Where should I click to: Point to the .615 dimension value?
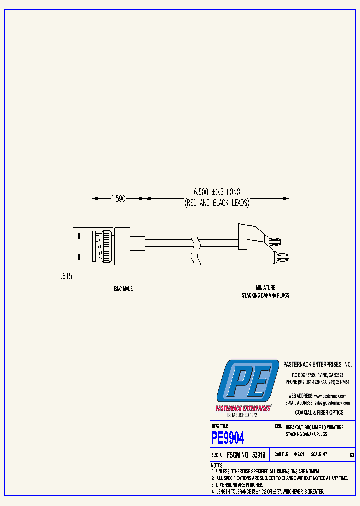pyautogui.click(x=66, y=275)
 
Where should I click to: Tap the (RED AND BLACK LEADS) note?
pyautogui.click(x=217, y=204)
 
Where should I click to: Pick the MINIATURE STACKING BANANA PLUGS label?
pyautogui.click(x=266, y=292)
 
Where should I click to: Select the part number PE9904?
pyautogui.click(x=228, y=438)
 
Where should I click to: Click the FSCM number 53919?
pyautogui.click(x=246, y=455)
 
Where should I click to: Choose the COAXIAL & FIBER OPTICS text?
pyautogui.click(x=319, y=412)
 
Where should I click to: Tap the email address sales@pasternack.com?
pyautogui.click(x=331, y=403)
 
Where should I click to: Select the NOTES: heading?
pyautogui.click(x=217, y=465)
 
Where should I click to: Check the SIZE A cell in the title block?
pyautogui.click(x=217, y=455)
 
